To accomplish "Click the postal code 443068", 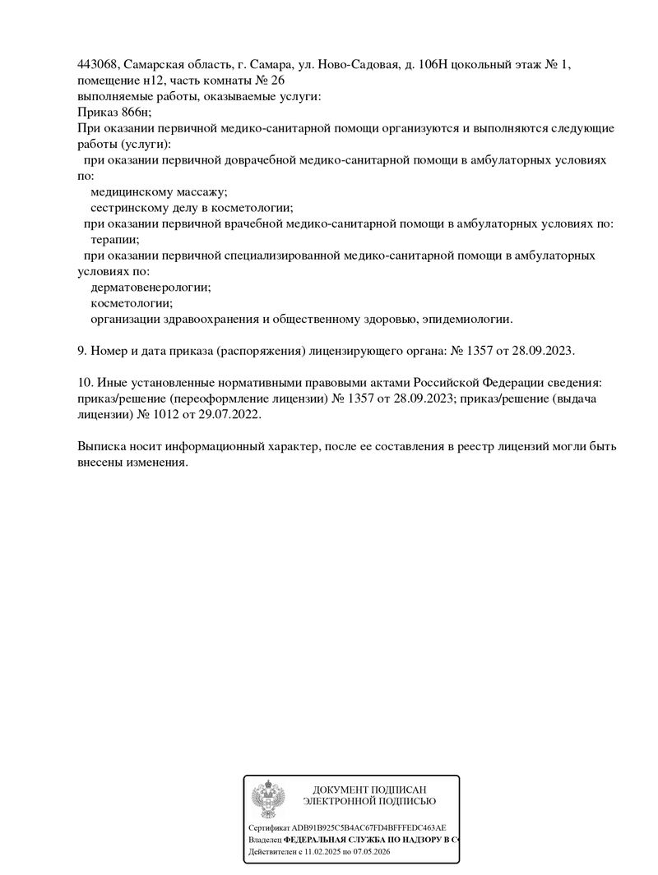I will (98, 64).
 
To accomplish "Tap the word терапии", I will (114, 240).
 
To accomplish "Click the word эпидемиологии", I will (468, 319).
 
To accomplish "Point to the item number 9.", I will (81, 351).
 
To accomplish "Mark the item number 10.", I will (85, 383).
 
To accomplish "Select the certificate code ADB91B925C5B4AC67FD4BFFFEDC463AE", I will (369, 828).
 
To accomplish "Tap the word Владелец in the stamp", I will (264, 840).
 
